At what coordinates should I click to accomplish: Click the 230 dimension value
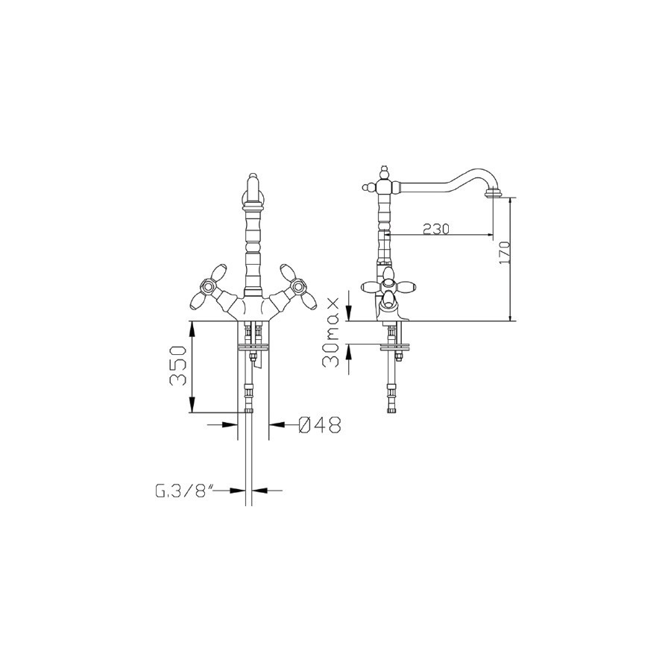click(436, 229)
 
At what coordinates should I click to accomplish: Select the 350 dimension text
click(178, 366)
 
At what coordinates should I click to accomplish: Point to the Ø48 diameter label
click(319, 424)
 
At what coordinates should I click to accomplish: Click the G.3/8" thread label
click(184, 491)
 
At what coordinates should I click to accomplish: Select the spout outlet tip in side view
click(493, 195)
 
